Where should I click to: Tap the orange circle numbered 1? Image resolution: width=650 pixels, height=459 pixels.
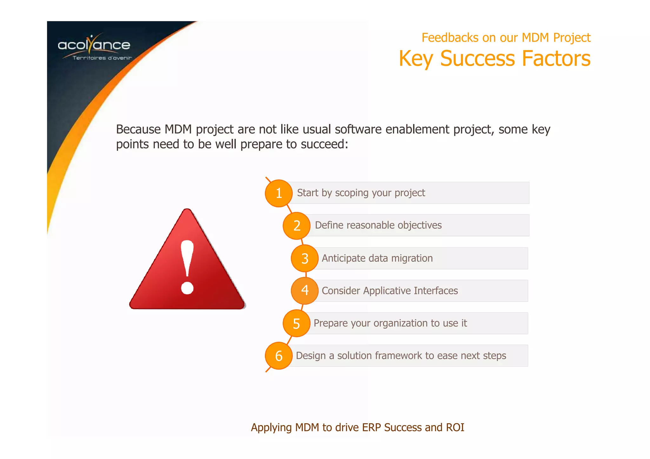[279, 193]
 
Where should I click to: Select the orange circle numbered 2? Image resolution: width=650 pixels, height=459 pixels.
[296, 226]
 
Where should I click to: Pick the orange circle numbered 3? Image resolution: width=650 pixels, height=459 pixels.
[305, 258]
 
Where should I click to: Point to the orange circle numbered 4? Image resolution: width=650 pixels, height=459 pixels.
[305, 290]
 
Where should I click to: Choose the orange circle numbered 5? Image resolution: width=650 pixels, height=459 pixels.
[296, 323]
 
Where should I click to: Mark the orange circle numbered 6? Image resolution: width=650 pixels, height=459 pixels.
[279, 356]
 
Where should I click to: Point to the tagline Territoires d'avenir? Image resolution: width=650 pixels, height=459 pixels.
[102, 58]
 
